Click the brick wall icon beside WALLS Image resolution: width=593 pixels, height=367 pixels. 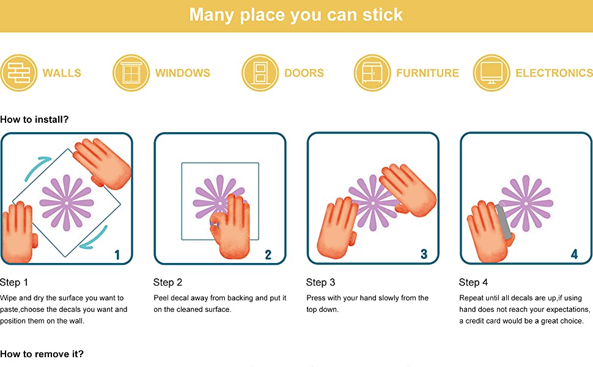[x=18, y=73]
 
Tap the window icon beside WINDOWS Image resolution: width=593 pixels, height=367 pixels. [x=131, y=73]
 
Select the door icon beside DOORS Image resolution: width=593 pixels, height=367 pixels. [x=260, y=73]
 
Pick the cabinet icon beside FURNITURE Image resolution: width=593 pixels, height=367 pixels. [x=372, y=73]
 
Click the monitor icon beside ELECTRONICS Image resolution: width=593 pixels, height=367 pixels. [x=492, y=73]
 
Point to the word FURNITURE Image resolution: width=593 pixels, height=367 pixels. [x=427, y=73]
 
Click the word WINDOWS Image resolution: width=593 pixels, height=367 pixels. [x=182, y=73]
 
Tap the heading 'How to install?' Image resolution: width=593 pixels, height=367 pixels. [x=34, y=119]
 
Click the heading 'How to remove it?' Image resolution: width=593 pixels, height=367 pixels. [x=42, y=354]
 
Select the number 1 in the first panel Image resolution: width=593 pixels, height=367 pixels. [x=117, y=255]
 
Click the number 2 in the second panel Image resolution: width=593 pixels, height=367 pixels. [x=268, y=255]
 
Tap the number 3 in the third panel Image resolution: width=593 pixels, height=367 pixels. [x=424, y=254]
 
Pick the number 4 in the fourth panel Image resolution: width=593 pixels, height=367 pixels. [x=574, y=254]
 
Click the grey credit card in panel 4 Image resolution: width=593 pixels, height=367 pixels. [x=504, y=221]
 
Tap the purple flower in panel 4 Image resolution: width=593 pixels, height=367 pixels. [x=526, y=203]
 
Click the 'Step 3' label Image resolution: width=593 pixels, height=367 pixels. [x=320, y=282]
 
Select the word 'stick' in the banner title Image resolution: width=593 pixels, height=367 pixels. [x=382, y=15]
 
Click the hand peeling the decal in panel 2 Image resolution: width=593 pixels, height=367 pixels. [x=230, y=226]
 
